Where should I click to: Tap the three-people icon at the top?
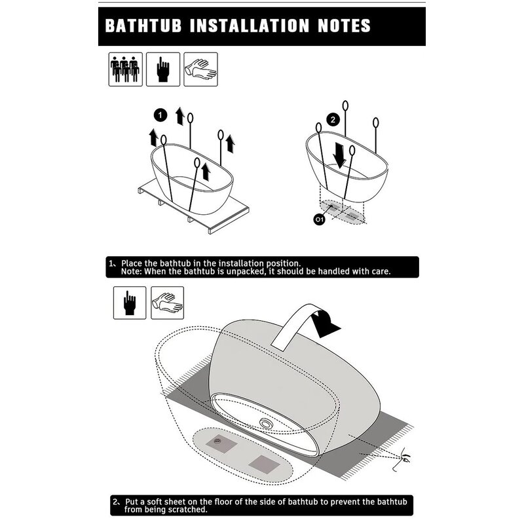[124, 69]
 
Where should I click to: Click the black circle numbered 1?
[159, 115]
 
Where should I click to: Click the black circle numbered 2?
[333, 120]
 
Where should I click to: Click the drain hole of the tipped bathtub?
[267, 424]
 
